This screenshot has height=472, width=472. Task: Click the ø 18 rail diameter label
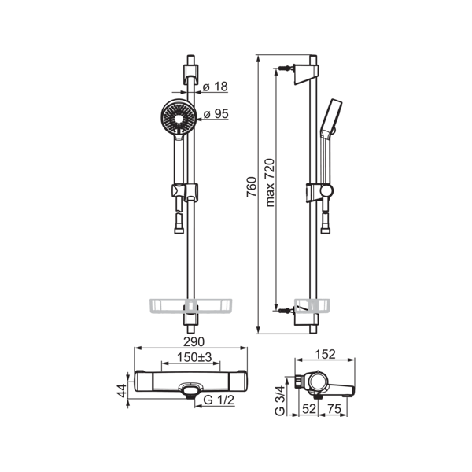(x=215, y=87)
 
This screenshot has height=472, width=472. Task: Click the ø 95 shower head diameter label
(x=216, y=114)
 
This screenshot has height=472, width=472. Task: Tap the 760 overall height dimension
(x=252, y=187)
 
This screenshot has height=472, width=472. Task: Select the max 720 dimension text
(x=270, y=183)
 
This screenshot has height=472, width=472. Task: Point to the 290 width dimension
(x=194, y=341)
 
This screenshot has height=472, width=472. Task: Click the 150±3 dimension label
(x=194, y=357)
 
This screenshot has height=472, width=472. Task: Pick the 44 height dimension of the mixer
(x=122, y=390)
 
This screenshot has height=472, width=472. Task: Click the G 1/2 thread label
(x=219, y=400)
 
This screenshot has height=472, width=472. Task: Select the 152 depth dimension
(x=326, y=354)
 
